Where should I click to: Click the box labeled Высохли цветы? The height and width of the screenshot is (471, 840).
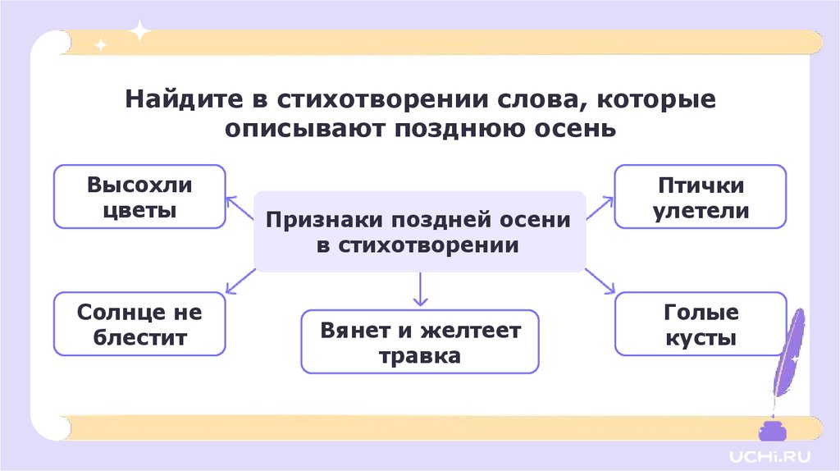[x=139, y=197]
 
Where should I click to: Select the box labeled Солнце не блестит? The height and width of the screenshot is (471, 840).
[x=139, y=324]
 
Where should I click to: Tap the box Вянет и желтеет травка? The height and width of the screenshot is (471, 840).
[x=420, y=342]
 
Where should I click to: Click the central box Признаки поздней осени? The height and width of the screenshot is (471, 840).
[x=420, y=232]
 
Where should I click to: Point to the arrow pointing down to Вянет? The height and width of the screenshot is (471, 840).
[x=420, y=288]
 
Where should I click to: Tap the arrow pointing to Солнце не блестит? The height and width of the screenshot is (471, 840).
[x=240, y=281]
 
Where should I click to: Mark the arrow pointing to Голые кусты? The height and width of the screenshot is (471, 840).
[x=600, y=281]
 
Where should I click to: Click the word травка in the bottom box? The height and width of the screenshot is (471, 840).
[x=420, y=357]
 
